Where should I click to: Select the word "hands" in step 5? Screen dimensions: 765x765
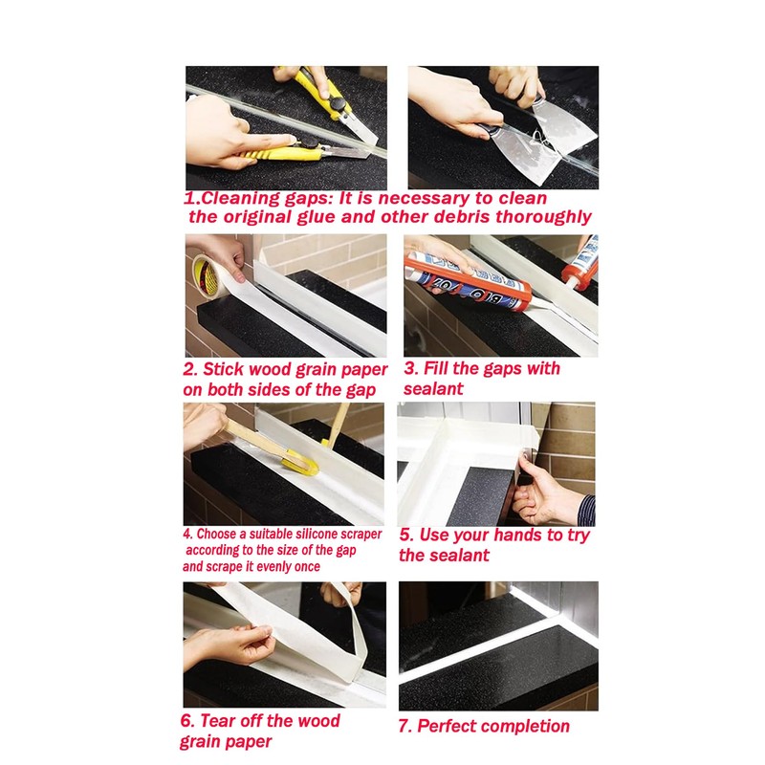(x=514, y=535)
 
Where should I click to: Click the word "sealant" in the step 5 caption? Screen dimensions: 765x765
(x=457, y=556)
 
